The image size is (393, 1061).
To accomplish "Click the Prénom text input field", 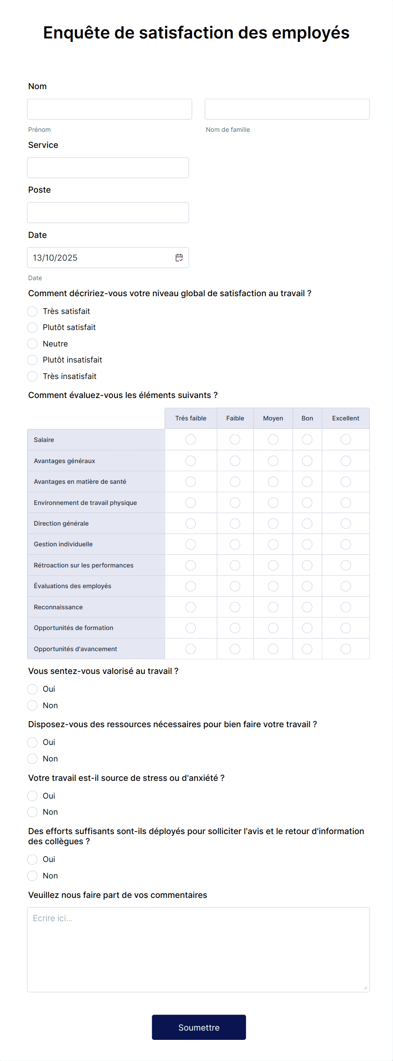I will point(109,109).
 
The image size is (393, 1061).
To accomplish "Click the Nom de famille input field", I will point(287,109).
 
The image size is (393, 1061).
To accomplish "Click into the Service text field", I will point(108,168).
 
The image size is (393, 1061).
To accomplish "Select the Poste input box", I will point(108,213).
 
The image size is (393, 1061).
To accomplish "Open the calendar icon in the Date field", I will point(179,258).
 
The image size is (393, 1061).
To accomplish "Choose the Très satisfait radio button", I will point(33,311).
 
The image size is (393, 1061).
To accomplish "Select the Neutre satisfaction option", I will point(33,344).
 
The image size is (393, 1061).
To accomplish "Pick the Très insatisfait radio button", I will point(33,376).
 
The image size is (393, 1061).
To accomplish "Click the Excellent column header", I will point(345,418).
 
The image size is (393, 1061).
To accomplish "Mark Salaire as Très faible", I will point(191,440).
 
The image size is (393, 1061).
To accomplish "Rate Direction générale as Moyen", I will point(273,524).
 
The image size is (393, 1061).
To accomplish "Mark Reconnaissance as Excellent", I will point(346,607).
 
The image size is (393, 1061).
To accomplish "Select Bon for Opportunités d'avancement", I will point(307,649).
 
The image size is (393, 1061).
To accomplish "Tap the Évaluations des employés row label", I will point(73,586).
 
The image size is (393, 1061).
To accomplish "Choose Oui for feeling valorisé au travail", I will point(33,689).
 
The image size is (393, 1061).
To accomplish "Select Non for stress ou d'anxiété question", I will point(33,812).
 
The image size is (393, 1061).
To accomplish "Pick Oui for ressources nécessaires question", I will point(33,742).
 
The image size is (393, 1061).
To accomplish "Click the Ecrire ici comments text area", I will point(198,949).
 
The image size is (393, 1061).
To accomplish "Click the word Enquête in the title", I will point(76,33).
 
